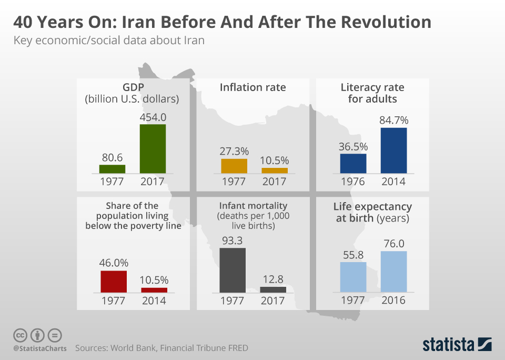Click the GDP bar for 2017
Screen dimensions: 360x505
[x=153, y=148]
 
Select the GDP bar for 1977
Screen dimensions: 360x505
[x=112, y=169]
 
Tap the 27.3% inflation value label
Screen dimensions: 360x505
[x=234, y=151]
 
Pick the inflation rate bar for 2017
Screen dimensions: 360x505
[x=275, y=171]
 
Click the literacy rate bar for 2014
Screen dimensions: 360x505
[x=393, y=151]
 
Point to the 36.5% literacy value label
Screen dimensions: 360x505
[x=353, y=146]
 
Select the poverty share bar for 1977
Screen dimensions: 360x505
[x=114, y=282]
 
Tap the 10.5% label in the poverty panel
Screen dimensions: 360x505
[x=154, y=280]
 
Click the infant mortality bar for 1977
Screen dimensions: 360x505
[x=233, y=270]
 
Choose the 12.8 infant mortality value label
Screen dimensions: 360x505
[x=273, y=279]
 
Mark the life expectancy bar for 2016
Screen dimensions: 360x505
[x=393, y=272]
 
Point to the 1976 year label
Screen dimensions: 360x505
[x=353, y=182]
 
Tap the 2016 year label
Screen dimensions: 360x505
[x=393, y=301]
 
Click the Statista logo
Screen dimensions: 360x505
[x=457, y=344]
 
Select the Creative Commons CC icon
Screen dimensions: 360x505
[x=20, y=335]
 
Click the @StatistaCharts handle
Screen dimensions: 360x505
[x=39, y=348]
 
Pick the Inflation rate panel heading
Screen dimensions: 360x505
[x=253, y=87]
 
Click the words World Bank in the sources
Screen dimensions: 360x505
[x=129, y=348]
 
